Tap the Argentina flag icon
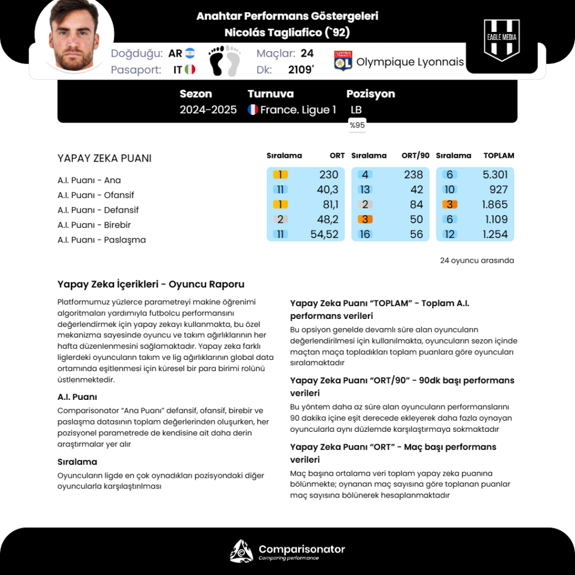(190, 53)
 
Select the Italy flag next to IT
(190, 70)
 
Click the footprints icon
(225, 61)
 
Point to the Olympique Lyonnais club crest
(343, 61)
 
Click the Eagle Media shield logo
(501, 40)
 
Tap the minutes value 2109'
(301, 70)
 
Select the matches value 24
(307, 53)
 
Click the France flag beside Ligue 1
(253, 110)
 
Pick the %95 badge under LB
(357, 125)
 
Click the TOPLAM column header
(499, 156)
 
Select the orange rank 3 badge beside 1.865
(449, 204)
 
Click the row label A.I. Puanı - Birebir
(94, 225)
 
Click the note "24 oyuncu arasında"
(477, 261)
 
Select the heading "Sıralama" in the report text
(77, 462)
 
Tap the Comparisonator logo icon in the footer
(241, 551)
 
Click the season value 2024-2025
(208, 110)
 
